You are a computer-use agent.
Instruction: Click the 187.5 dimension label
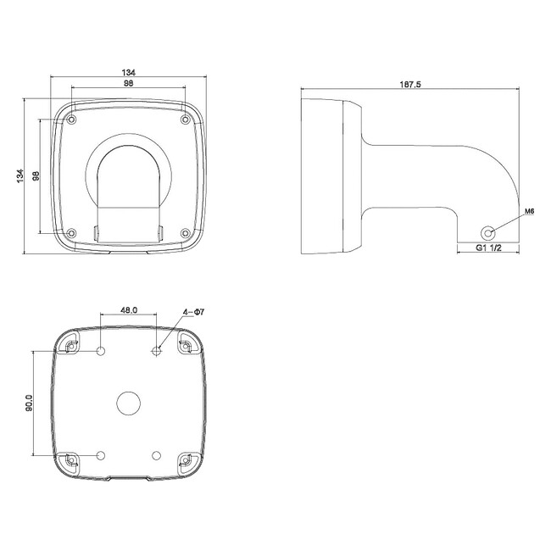point(410,84)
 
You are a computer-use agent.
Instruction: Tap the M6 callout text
point(530,211)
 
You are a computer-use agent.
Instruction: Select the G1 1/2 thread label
point(488,248)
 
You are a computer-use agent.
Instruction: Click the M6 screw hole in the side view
point(487,232)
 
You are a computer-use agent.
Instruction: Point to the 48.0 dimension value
point(129,310)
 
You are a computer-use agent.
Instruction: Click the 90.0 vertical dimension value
point(29,403)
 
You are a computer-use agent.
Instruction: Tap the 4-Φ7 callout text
point(193,312)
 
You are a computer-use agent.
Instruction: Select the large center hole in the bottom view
point(129,404)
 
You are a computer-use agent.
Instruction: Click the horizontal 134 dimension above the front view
point(129,72)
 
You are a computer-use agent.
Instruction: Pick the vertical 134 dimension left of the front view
point(20,175)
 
